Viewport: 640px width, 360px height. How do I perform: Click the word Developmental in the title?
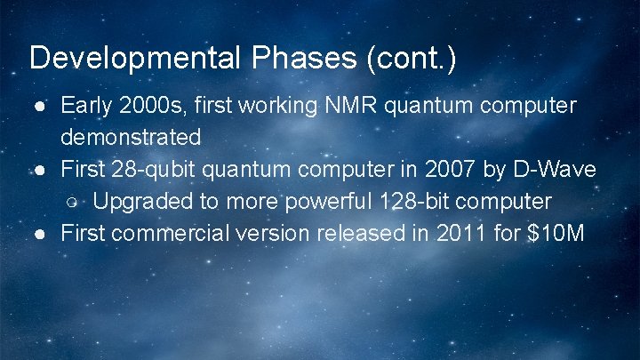pos(133,59)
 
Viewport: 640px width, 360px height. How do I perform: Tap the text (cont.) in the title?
pos(409,59)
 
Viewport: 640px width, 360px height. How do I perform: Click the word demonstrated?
pos(131,138)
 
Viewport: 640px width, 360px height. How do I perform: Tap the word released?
pos(359,234)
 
